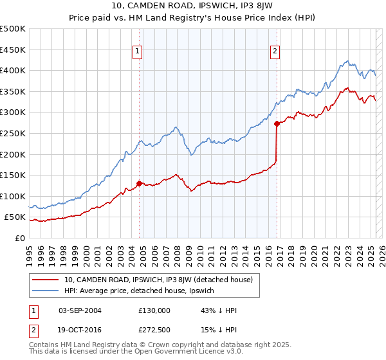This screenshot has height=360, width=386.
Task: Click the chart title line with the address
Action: click(x=193, y=7)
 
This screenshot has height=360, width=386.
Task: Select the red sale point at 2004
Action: click(x=140, y=183)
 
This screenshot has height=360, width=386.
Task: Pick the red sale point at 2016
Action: click(x=277, y=123)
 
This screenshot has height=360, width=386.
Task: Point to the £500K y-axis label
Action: click(x=12, y=29)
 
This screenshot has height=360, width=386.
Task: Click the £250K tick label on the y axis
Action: click(x=12, y=133)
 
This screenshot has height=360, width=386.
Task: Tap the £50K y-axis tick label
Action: click(x=15, y=217)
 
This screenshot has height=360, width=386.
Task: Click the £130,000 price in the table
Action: click(x=154, y=310)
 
